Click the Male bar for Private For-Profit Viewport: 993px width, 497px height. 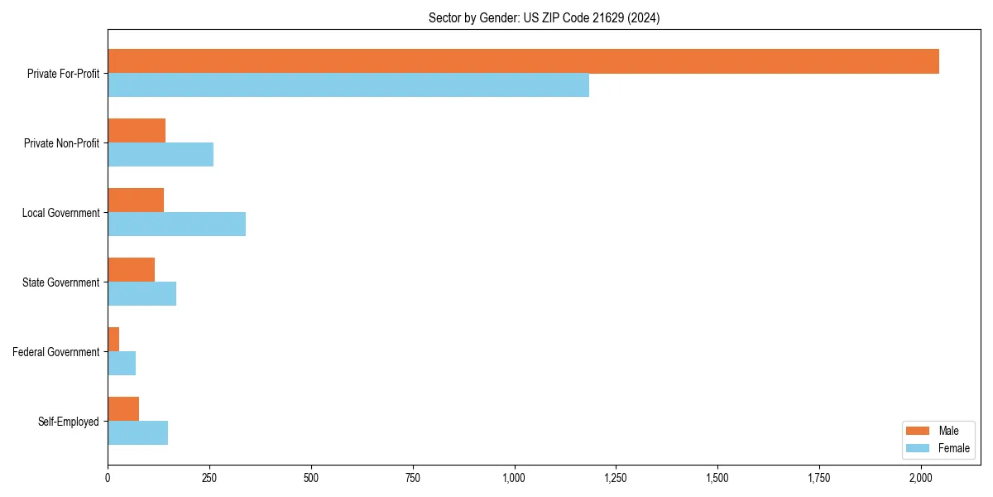(523, 61)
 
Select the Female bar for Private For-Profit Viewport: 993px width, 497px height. (348, 85)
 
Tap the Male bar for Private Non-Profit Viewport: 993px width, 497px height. (137, 131)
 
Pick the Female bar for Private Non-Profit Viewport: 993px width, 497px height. (161, 155)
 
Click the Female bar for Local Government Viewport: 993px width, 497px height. (176, 224)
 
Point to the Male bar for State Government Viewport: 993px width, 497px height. (131, 270)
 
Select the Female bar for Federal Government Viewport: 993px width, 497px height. (122, 364)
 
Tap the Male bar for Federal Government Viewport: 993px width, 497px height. (113, 340)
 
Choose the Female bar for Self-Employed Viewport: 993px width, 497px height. (137, 433)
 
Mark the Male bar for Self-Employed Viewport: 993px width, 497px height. (123, 409)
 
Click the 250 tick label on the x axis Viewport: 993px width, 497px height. (209, 478)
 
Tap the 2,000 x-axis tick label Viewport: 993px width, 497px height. (921, 478)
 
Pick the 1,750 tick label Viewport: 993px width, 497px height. (819, 478)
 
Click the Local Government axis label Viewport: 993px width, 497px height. (60, 213)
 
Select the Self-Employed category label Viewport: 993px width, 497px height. (69, 422)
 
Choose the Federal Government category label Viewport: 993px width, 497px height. (56, 352)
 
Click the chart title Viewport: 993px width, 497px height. (544, 17)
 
